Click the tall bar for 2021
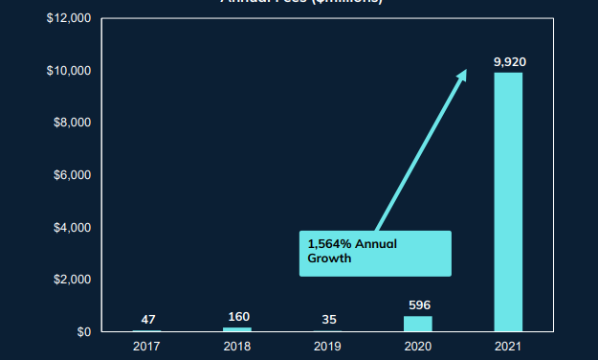pos(508,201)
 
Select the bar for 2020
pos(418,324)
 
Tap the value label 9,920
pos(509,62)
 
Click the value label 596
pos(419,305)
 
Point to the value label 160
pos(238,317)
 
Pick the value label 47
pos(147,319)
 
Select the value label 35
pos(328,319)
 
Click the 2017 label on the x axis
pos(147,346)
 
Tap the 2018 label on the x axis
pos(238,346)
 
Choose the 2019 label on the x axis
pos(328,346)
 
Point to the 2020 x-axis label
pos(419,346)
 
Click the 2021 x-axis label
pos(509,346)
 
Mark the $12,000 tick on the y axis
pos(69,19)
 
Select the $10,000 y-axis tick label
pos(69,71)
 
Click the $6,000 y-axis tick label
pos(72,175)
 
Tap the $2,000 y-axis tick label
pos(72,280)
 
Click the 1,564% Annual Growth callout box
pos(374,252)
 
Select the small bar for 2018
pos(237,329)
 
